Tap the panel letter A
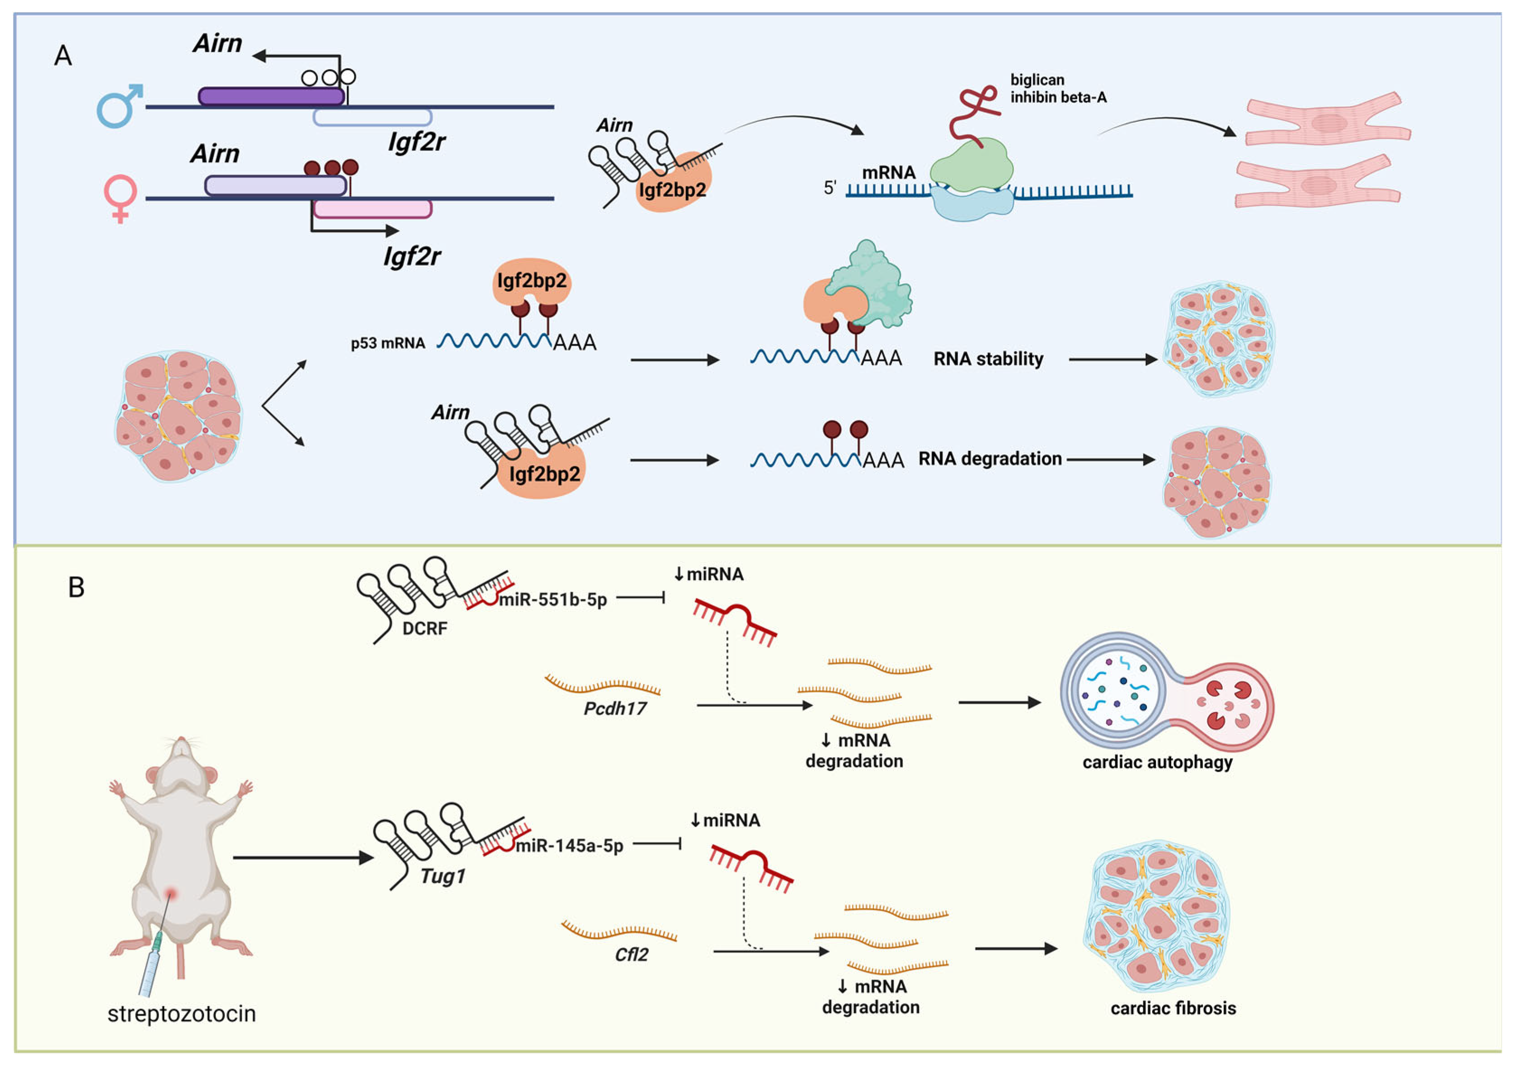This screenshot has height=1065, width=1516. tap(63, 56)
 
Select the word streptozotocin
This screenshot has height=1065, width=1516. tap(182, 1013)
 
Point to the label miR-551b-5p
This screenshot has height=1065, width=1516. tap(553, 599)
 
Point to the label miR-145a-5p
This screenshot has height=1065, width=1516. tap(569, 846)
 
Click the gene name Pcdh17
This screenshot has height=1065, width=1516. tap(615, 708)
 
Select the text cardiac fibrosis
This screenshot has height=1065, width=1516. tap(1173, 1008)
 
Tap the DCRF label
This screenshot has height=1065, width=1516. tap(425, 628)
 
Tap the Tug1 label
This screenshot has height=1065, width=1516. tap(442, 876)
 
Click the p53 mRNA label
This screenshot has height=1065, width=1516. tap(388, 343)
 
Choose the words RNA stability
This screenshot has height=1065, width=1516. tap(988, 359)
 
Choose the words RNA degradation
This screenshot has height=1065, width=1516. tap(990, 458)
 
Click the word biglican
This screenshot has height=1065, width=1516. tap(1037, 80)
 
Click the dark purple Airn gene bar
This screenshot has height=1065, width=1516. tap(271, 96)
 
